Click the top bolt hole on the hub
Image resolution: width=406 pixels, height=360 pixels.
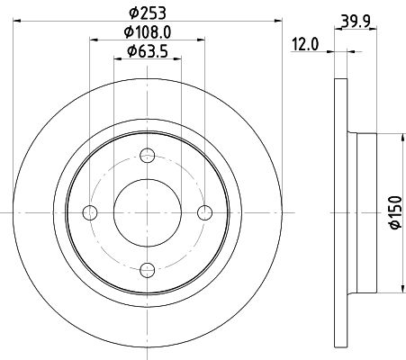point(147,155)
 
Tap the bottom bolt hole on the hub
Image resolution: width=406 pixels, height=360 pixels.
point(147,267)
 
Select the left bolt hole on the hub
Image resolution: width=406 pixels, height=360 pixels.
point(90,211)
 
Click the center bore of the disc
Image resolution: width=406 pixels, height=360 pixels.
point(147,211)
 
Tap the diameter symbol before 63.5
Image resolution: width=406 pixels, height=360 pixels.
point(131,50)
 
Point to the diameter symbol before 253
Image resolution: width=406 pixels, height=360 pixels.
point(131,13)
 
